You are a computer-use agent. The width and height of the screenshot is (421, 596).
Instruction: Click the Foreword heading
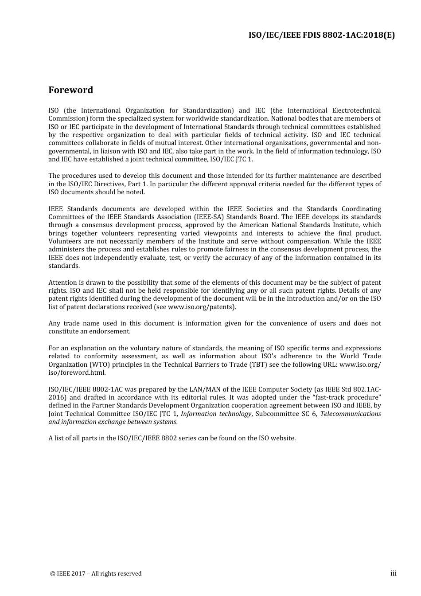pyautogui.click(x=70, y=90)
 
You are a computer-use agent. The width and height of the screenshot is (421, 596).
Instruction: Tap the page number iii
pyautogui.click(x=393, y=573)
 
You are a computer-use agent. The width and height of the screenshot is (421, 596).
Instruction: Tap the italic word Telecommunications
pyautogui.click(x=350, y=414)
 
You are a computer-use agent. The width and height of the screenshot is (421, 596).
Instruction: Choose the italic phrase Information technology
pyautogui.click(x=216, y=414)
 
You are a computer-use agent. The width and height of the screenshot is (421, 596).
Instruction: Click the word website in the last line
pyautogui.click(x=282, y=438)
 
